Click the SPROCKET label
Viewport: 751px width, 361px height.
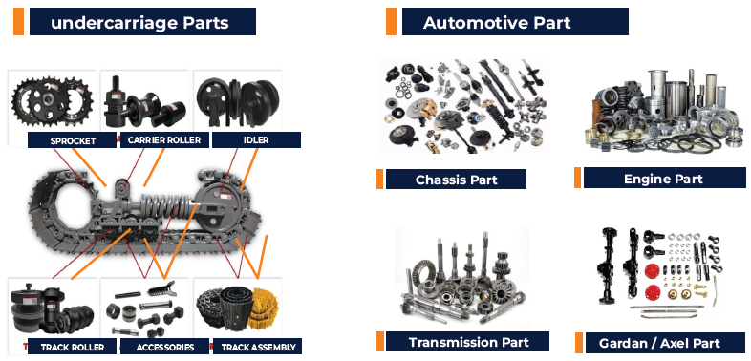72,139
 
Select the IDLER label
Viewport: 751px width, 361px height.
256,139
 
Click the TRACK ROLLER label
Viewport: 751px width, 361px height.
72,346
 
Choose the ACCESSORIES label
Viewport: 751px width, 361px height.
164,346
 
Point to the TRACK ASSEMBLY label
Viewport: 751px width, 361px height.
257,346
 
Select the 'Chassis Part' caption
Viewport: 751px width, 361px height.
456,179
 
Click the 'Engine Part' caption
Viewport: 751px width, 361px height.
664,178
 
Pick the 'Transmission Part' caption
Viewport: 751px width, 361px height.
467,341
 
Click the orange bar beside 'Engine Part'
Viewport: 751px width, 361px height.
578,178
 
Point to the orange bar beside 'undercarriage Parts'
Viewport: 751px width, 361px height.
18,22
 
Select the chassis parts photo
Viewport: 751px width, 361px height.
463,106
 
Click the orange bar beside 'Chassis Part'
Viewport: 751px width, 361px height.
380,179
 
